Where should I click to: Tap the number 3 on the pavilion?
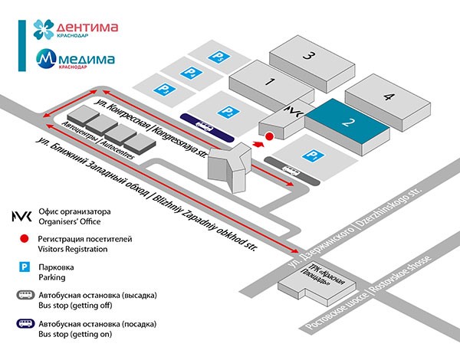click(x=307, y=55)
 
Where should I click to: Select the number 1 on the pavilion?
click(x=270, y=81)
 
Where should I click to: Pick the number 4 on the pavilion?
click(x=389, y=97)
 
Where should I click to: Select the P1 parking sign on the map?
click(x=311, y=155)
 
